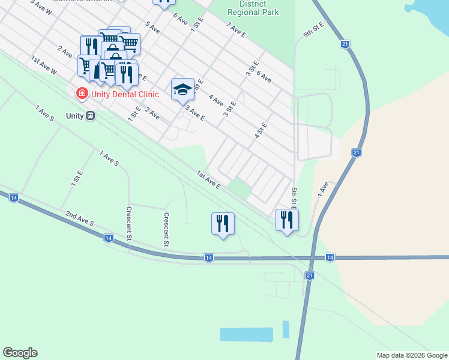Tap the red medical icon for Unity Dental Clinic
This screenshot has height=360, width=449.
point(80,94)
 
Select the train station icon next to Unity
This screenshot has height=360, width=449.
point(90,115)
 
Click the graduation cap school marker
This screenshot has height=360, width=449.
point(183,89)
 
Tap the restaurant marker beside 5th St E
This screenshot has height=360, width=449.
point(287,220)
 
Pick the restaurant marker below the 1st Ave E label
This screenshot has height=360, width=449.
point(223,223)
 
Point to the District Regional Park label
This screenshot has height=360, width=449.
point(256,8)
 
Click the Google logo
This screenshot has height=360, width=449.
point(20,353)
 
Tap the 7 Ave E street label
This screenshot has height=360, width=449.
point(236,30)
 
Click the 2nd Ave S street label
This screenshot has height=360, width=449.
point(80,218)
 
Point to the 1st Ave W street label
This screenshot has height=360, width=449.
point(44,65)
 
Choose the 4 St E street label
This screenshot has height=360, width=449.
point(261,131)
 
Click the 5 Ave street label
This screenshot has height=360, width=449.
point(152,28)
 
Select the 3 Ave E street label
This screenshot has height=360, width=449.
point(195,112)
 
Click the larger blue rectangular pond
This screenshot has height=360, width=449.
point(246,334)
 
